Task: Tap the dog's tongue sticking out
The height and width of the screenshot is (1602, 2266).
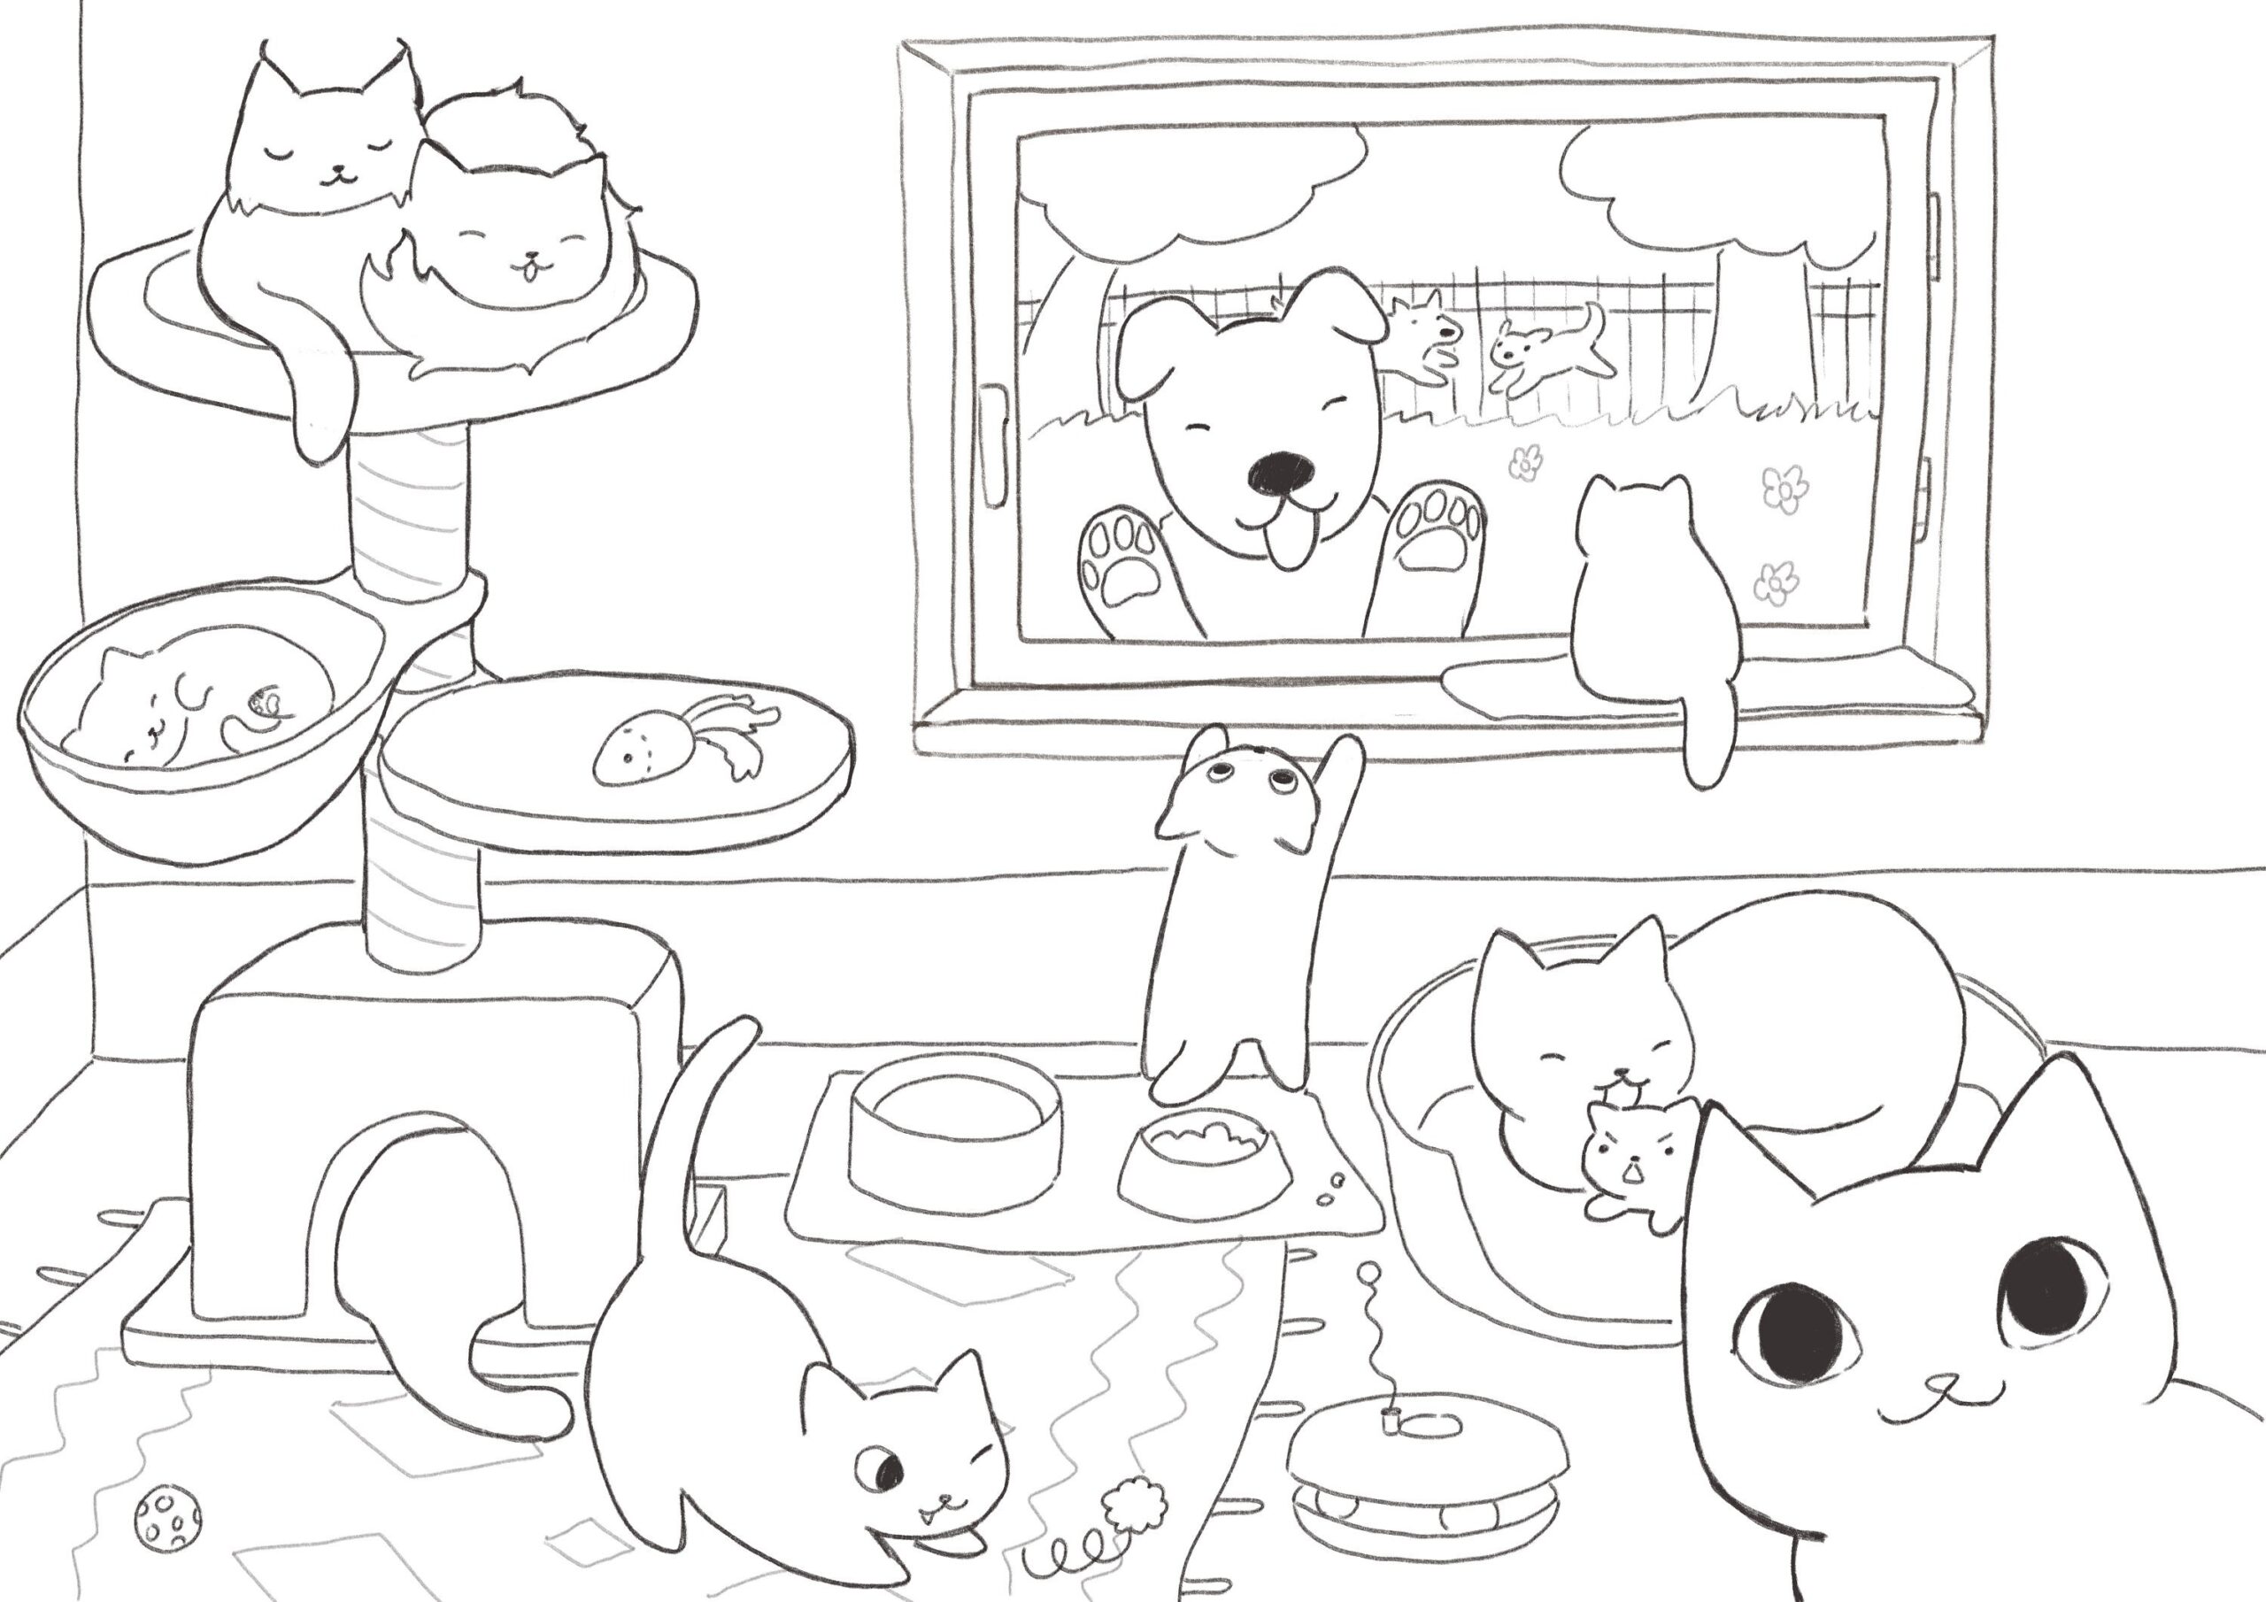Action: [x=1286, y=547]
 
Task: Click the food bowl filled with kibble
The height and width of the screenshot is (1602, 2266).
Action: [x=1204, y=1164]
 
